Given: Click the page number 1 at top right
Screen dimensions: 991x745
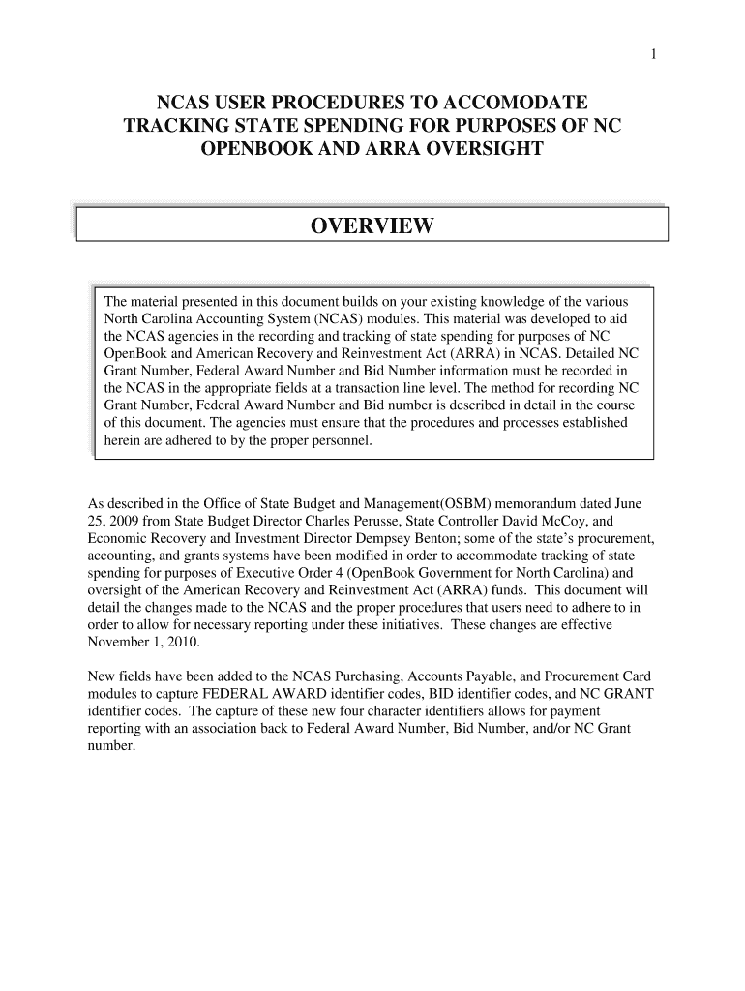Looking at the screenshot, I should pyautogui.click(x=655, y=54).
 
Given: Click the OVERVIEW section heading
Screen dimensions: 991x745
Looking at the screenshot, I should pyautogui.click(x=372, y=227).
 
